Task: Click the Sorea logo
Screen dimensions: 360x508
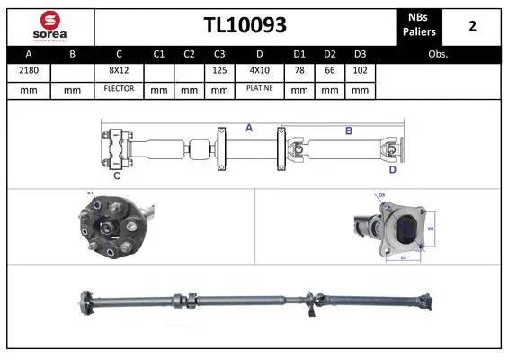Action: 49,25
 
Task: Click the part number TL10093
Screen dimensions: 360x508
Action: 244,25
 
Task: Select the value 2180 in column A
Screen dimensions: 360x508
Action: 27,70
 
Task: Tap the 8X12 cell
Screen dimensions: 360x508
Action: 119,70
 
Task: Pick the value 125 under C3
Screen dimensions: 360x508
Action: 218,70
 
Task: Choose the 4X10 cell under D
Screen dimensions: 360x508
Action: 260,70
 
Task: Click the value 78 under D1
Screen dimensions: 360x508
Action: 300,70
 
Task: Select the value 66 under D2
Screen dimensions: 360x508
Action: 330,70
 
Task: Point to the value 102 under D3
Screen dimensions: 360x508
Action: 360,70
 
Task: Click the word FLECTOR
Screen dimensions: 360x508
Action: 119,89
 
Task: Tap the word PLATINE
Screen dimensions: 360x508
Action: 260,89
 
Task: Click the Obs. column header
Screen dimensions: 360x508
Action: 439,53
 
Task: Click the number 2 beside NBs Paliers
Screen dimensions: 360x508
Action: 472,25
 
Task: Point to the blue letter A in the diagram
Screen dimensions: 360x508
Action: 249,129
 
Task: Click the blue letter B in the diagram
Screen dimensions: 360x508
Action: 348,131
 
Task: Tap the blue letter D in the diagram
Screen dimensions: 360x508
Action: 392,168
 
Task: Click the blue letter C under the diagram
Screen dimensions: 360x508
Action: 116,175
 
